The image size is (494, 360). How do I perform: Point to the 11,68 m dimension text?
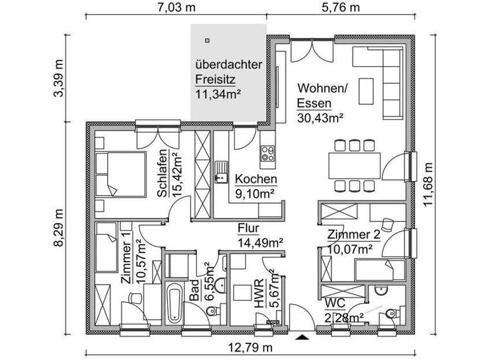click(x=430, y=183)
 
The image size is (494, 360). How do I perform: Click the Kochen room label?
click(x=256, y=179)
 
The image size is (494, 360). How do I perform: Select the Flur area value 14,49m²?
click(x=261, y=242)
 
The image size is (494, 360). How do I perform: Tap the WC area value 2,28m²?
click(x=343, y=317)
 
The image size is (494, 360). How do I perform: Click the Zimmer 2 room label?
click(x=353, y=235)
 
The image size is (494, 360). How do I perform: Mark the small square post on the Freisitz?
click(x=206, y=40)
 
